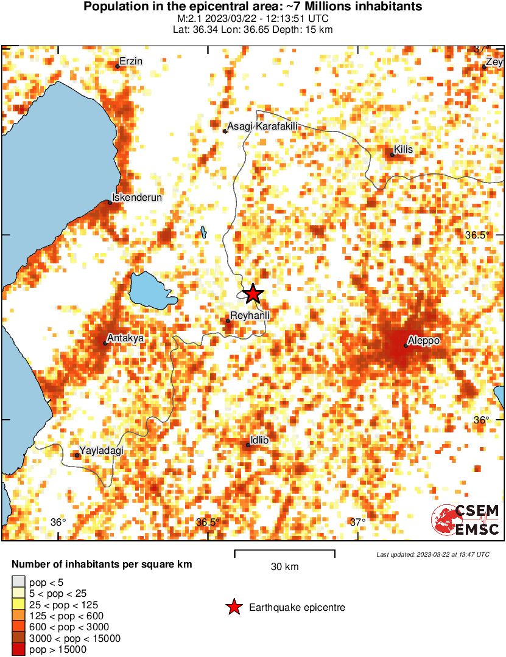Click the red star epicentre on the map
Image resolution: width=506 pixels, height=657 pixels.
[x=253, y=294]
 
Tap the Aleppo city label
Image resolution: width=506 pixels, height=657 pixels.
[x=424, y=341]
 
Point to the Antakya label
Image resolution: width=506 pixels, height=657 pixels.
[x=124, y=338]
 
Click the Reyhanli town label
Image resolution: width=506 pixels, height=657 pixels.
[x=250, y=315]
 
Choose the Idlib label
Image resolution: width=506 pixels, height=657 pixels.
[x=259, y=440]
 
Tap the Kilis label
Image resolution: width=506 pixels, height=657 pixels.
[x=404, y=149]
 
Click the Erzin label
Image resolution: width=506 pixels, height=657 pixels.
[x=131, y=61]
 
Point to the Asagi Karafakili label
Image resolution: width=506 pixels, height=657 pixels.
[x=265, y=126]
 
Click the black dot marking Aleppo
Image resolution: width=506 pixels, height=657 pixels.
[x=406, y=346]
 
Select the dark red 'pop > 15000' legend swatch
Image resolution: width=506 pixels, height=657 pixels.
[x=19, y=650]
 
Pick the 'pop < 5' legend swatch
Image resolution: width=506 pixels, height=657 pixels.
[x=19, y=583]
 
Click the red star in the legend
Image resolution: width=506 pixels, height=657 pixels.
[x=233, y=607]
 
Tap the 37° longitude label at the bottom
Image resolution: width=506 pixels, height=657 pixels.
[x=358, y=522]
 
